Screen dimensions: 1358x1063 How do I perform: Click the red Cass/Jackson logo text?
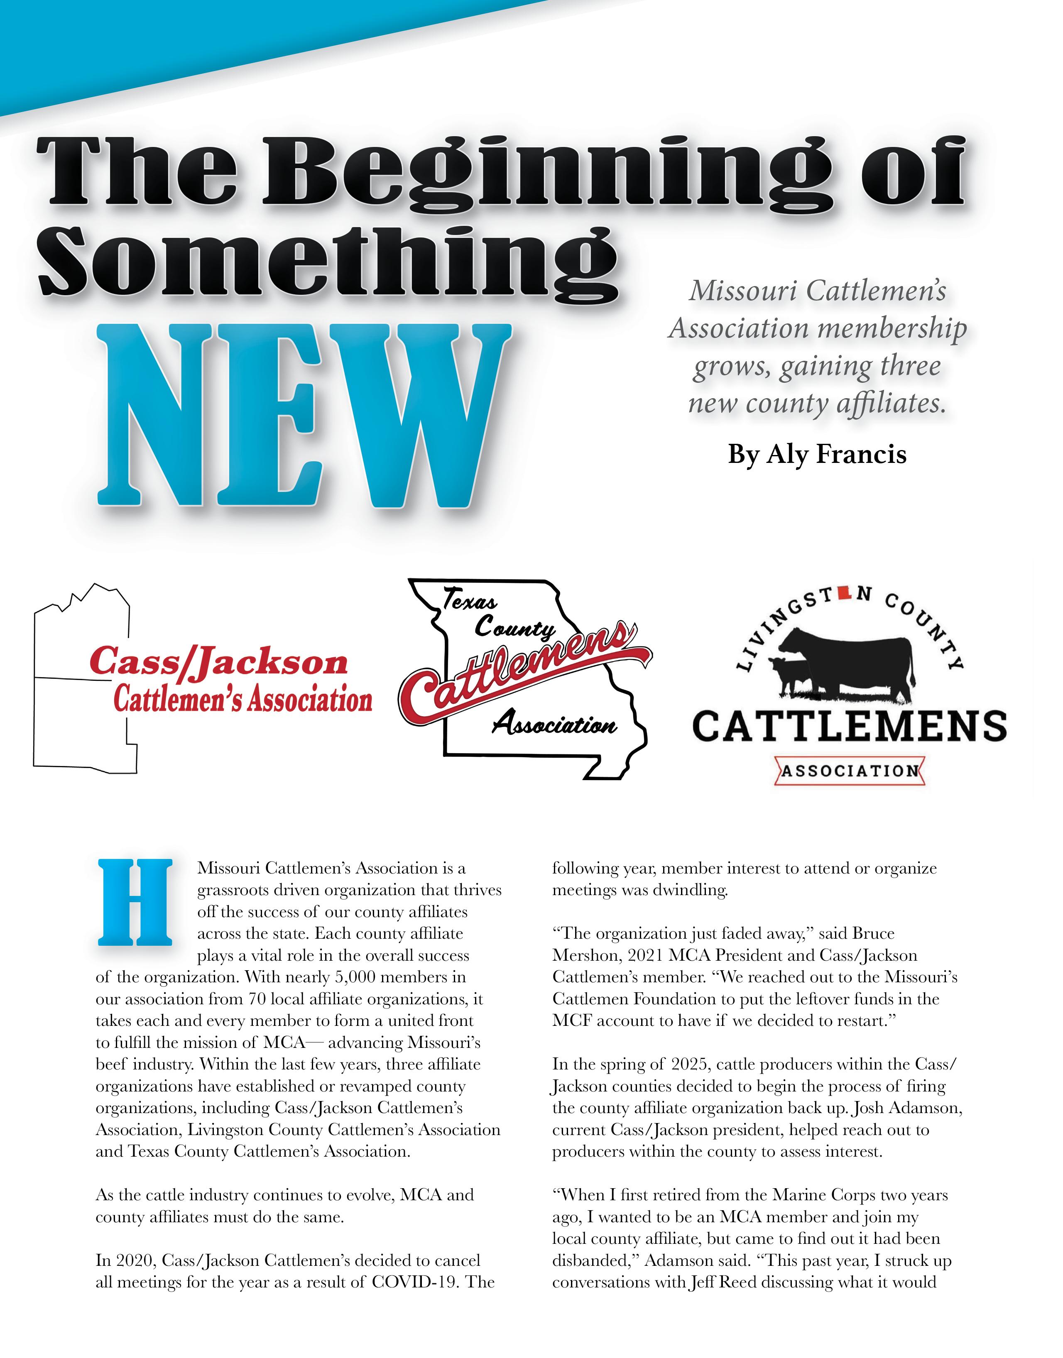tap(218, 662)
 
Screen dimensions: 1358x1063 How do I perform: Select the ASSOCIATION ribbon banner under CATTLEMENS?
tap(850, 771)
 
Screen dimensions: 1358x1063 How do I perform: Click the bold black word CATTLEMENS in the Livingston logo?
tap(850, 727)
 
